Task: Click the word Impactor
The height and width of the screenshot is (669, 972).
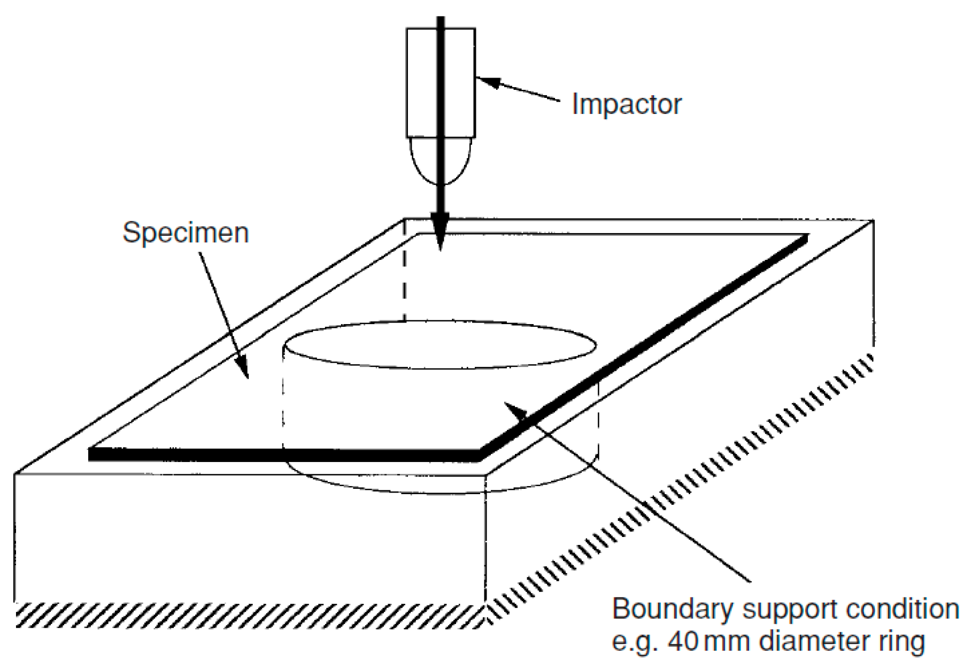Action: pyautogui.click(x=626, y=104)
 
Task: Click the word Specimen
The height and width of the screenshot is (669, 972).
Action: pyautogui.click(x=186, y=233)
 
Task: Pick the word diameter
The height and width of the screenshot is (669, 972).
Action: pyautogui.click(x=811, y=641)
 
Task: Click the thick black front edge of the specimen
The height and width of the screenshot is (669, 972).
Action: pyautogui.click(x=283, y=455)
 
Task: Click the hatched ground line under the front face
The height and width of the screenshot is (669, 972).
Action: pyautogui.click(x=246, y=615)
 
